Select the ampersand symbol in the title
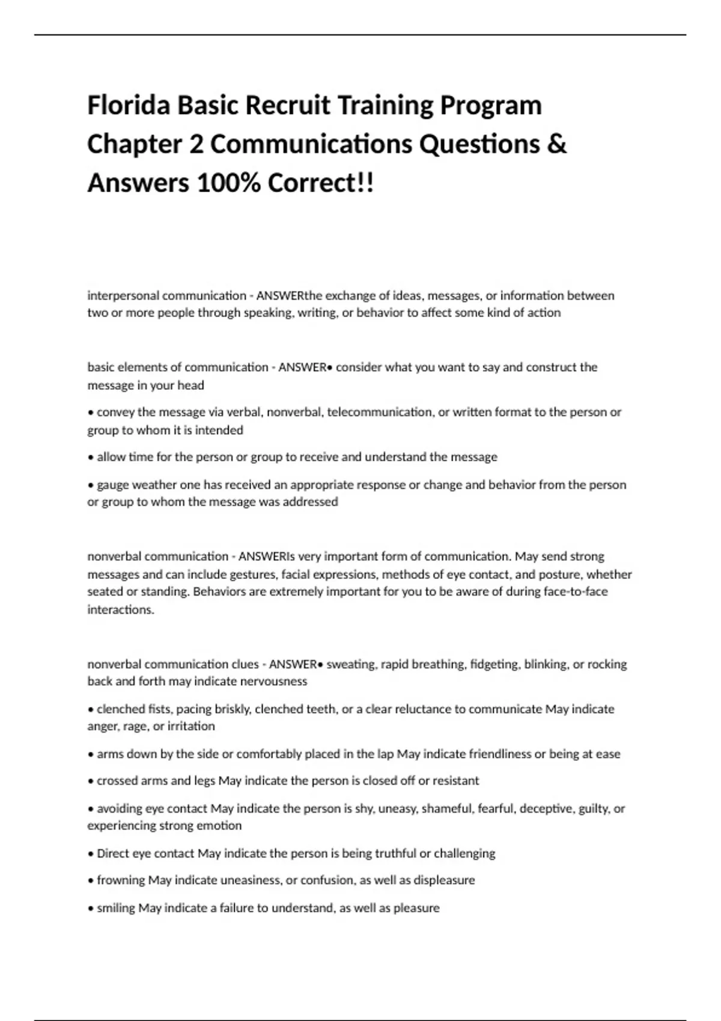pyautogui.click(x=557, y=145)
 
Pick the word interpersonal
pyautogui.click(x=123, y=295)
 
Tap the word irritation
pyautogui.click(x=191, y=726)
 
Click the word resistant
pyautogui.click(x=456, y=781)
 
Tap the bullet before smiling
pyautogui.click(x=91, y=908)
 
